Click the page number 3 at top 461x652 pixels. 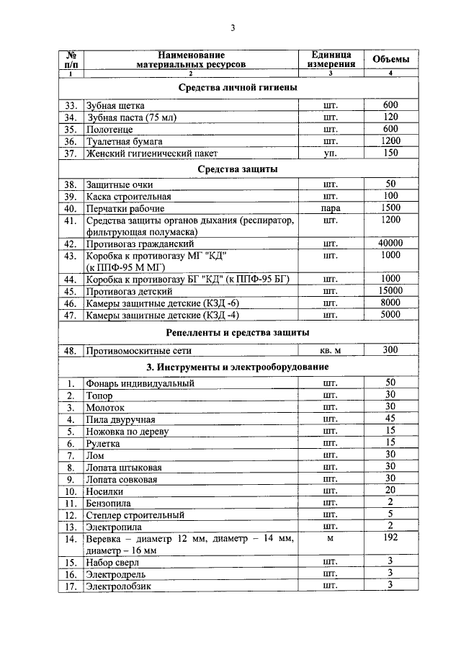232,28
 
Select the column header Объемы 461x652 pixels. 390,59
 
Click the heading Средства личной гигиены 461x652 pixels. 238,87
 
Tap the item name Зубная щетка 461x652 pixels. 115,106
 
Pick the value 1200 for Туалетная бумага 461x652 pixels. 390,141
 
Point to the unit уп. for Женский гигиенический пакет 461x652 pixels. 331,153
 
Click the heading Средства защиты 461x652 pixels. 238,169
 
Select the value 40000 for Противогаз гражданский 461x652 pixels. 390,244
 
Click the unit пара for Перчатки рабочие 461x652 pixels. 331,209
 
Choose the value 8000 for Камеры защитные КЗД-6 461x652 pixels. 390,303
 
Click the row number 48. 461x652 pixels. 70,351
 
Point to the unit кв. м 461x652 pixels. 331,351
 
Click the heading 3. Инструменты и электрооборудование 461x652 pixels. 238,367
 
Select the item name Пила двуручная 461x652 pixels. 120,419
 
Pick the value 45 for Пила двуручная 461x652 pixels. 390,419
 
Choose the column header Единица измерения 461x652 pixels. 331,59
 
